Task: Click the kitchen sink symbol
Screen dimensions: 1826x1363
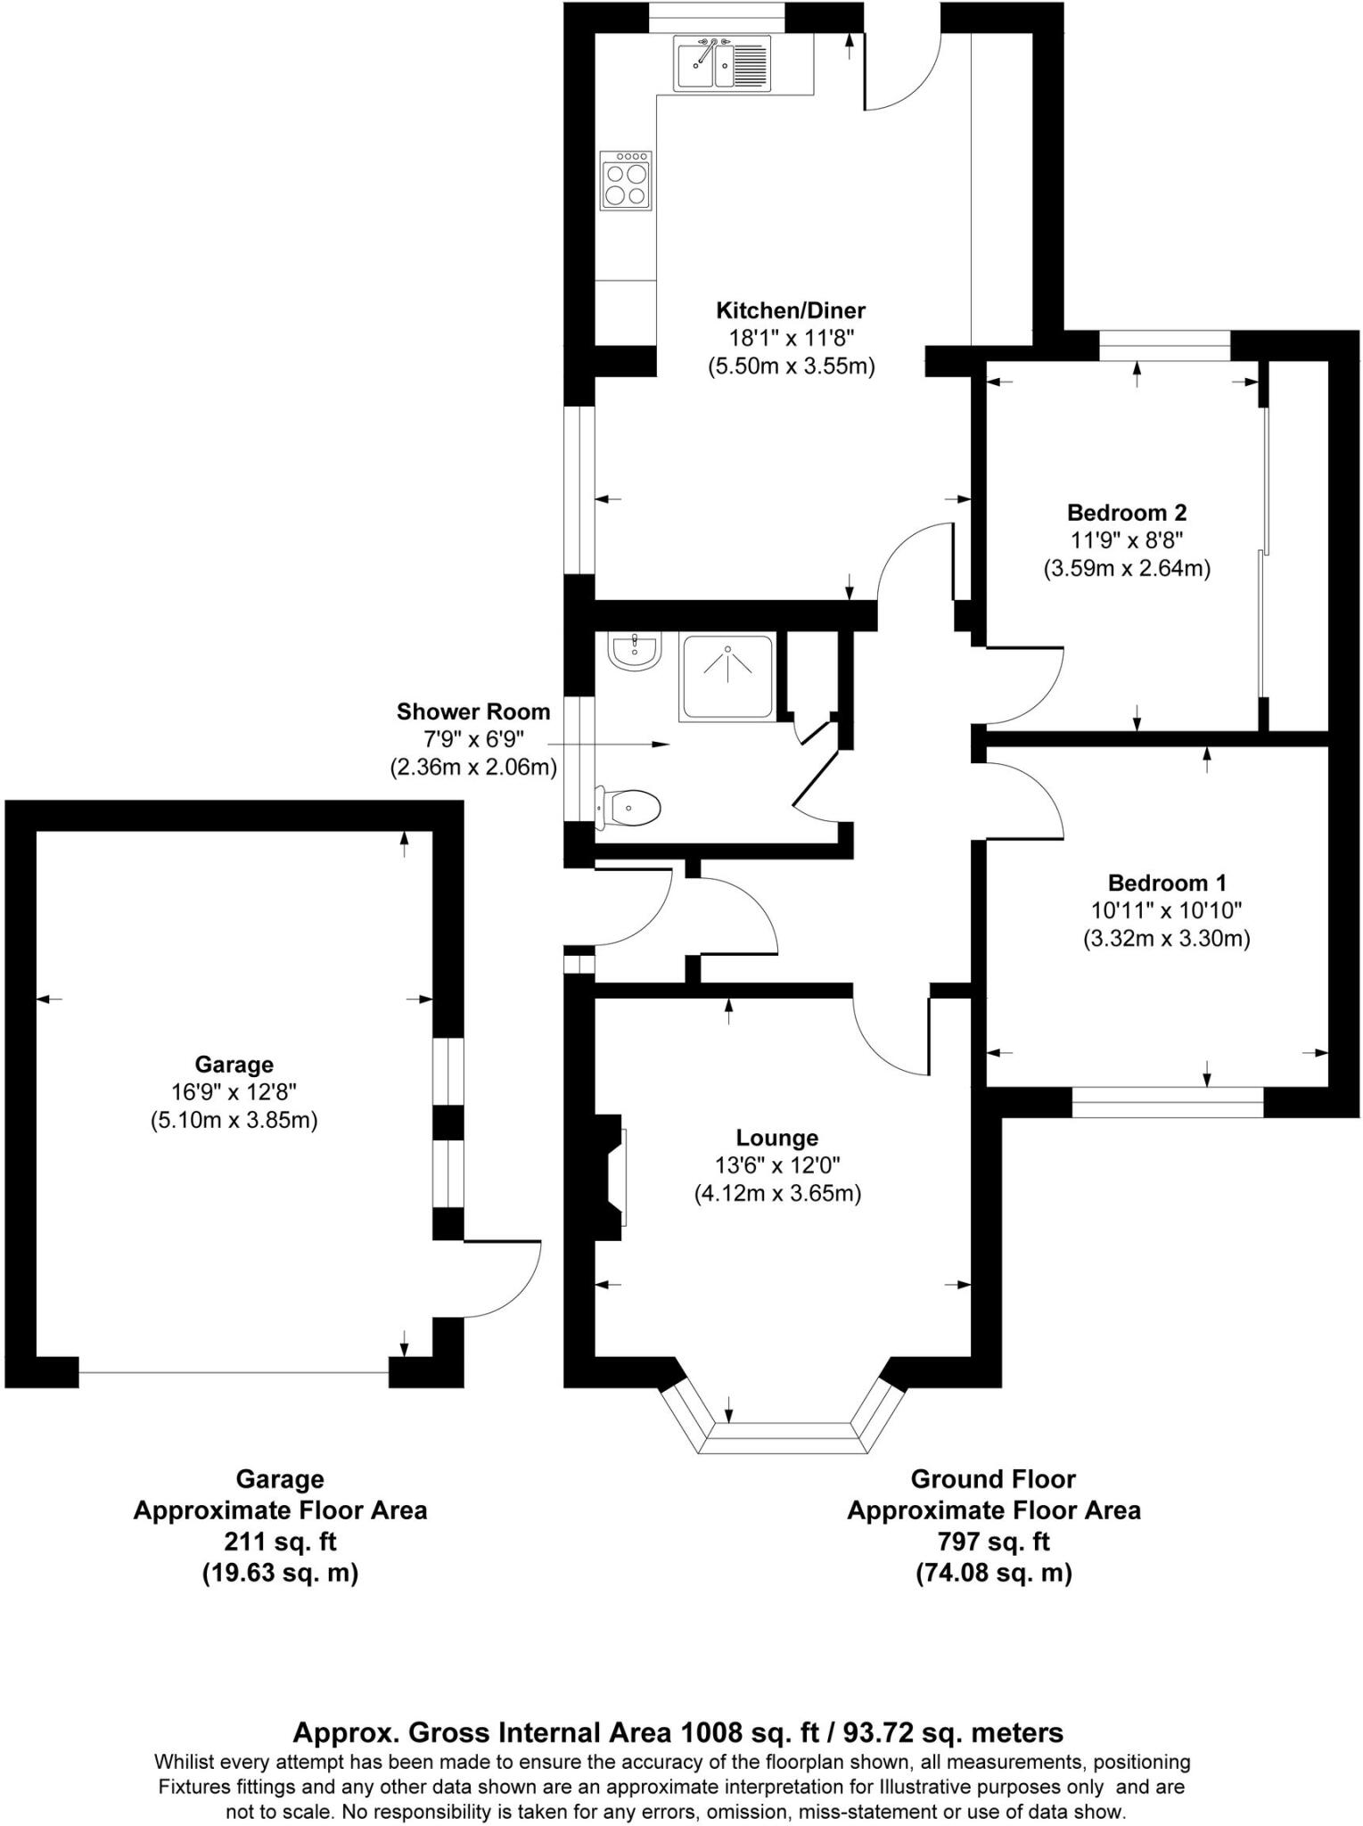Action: [x=721, y=63]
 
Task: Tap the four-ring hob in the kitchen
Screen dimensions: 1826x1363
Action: [x=626, y=181]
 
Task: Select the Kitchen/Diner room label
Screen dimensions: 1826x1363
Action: [x=791, y=310]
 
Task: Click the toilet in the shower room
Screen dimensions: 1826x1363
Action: [x=630, y=808]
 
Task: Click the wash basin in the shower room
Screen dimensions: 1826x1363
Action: [x=634, y=650]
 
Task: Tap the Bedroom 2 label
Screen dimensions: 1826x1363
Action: [x=1127, y=513]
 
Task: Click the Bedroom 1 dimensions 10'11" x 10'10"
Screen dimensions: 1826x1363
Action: [x=1166, y=910]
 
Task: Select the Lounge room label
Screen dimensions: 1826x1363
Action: [x=776, y=1138]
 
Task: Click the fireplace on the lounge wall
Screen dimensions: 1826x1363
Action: [x=612, y=1177]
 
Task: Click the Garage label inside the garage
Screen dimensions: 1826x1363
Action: [x=234, y=1064]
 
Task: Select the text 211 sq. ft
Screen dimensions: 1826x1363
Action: [x=279, y=1541]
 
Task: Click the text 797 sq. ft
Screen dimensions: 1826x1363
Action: [x=993, y=1541]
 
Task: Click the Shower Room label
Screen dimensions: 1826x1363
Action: [x=473, y=711]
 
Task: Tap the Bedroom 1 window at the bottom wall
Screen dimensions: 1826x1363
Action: [x=1167, y=1102]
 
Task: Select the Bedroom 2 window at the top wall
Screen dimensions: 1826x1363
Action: [x=1164, y=345]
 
